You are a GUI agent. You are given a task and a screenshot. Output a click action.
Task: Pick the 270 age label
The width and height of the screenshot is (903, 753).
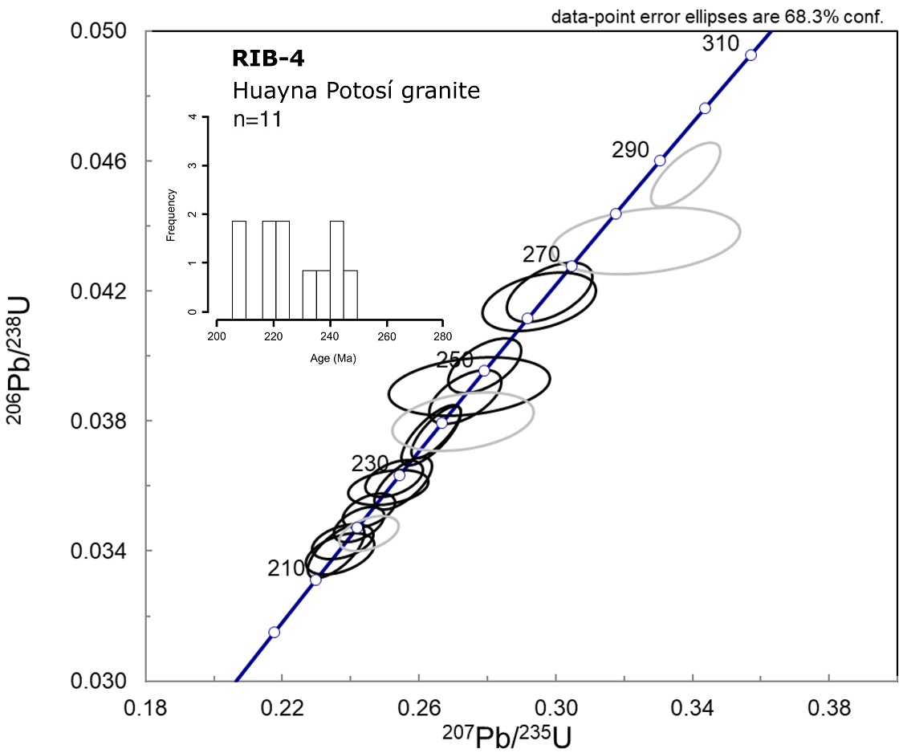(541, 256)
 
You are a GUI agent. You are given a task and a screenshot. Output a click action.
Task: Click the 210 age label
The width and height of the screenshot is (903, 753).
(287, 568)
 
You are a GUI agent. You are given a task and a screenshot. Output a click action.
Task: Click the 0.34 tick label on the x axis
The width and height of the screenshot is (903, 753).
(694, 710)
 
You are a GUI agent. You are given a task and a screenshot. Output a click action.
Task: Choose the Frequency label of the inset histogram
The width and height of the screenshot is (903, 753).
(171, 214)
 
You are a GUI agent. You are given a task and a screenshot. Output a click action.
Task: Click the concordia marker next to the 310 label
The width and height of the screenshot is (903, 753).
(750, 55)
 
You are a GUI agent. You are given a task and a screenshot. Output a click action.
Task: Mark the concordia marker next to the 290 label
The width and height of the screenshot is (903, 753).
(660, 161)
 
